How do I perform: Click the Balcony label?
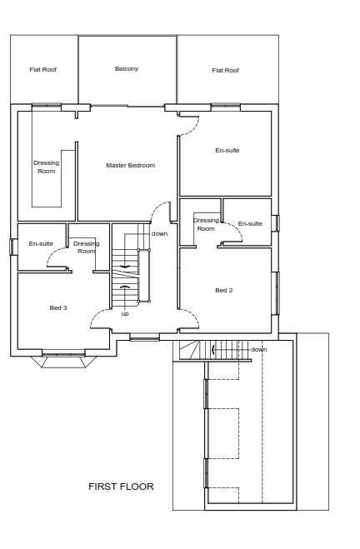(x=127, y=68)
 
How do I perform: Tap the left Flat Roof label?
(x=42, y=69)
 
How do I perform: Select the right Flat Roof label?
(x=225, y=70)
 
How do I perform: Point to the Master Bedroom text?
(x=130, y=165)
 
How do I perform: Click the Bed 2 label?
(x=223, y=290)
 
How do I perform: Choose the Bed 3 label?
(x=58, y=307)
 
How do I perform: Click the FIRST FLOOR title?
(x=121, y=487)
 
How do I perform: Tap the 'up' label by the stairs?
(x=125, y=313)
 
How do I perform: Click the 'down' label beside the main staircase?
(x=159, y=233)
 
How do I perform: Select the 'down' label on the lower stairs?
(x=259, y=349)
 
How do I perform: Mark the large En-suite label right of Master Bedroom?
(x=227, y=150)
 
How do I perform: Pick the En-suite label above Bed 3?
(x=41, y=243)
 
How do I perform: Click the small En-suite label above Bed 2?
(x=250, y=223)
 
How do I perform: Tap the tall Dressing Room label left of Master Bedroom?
(x=46, y=167)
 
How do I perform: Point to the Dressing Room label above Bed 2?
(x=206, y=224)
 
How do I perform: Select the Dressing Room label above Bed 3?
(x=86, y=247)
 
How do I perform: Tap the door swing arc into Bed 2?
(x=190, y=315)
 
